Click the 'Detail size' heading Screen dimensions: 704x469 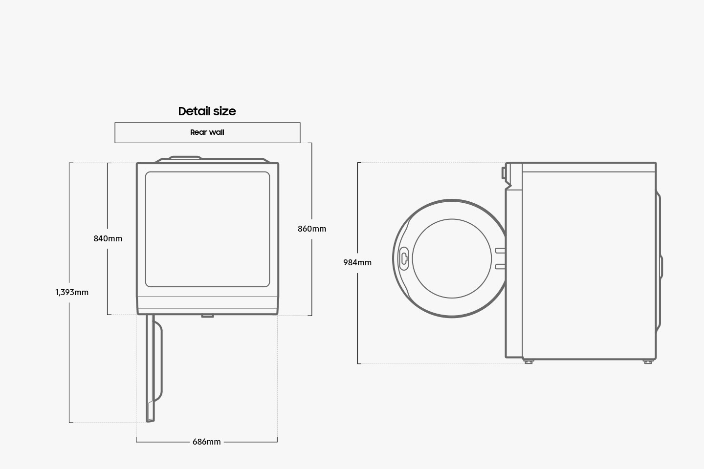(207, 111)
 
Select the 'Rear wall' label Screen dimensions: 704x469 (207, 132)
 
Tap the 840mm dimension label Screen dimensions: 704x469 (108, 238)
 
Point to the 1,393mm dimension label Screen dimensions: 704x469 (72, 293)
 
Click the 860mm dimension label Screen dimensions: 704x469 (312, 229)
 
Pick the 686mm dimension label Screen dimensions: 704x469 (206, 442)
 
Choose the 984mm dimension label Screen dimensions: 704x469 (357, 262)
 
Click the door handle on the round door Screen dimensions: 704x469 (404, 259)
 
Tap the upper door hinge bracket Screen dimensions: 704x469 (500, 251)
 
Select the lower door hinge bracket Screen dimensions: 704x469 (500, 267)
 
